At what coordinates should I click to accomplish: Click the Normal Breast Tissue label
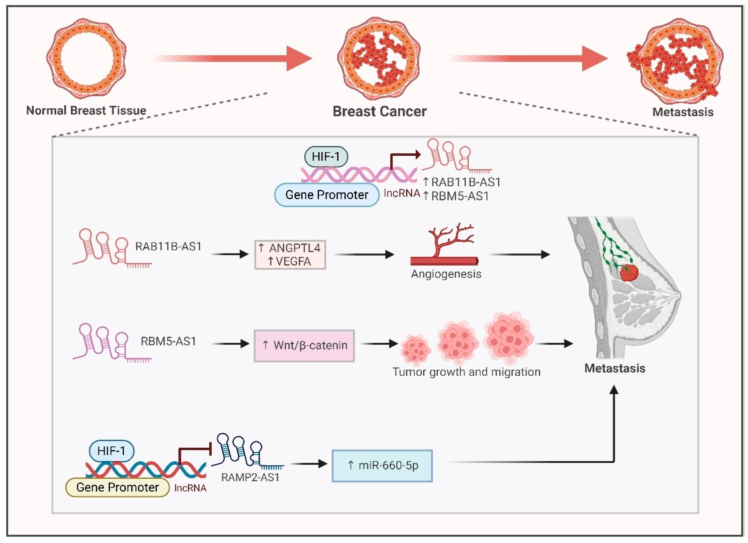86,110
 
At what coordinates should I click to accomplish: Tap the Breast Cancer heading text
380,111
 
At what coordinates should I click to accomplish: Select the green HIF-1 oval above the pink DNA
326,157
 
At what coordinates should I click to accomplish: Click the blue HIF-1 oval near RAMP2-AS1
112,451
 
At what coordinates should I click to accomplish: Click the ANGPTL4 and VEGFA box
290,255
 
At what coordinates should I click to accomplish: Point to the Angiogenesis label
446,274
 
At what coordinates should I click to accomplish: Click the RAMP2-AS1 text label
250,477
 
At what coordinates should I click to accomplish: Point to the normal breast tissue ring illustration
86,58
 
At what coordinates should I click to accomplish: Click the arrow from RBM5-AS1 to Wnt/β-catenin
230,344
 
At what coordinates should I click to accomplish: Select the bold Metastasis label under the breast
615,368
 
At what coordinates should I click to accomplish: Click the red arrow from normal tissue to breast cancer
232,58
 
